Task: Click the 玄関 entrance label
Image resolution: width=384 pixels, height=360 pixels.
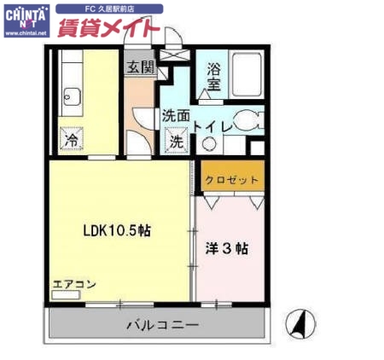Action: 140,67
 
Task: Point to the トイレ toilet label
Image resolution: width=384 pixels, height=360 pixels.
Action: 211,126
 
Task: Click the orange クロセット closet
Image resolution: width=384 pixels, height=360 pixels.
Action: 230,180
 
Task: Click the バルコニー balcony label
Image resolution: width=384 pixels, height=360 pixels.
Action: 162,325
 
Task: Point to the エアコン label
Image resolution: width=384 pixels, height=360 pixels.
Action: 74,284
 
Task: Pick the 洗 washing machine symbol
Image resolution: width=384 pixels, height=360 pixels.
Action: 176,142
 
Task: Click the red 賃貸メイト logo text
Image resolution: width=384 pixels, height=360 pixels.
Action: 108,29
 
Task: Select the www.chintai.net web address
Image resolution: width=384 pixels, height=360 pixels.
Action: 26,36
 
